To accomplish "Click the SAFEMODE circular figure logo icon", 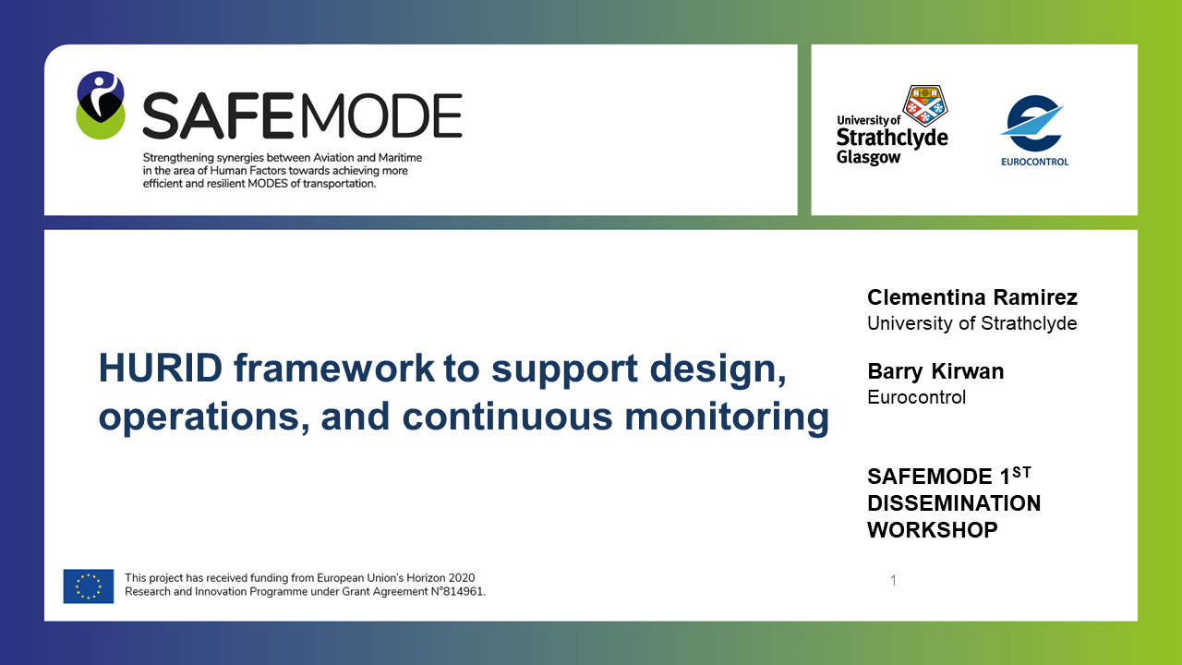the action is [x=101, y=105].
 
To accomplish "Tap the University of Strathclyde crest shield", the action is [x=925, y=105].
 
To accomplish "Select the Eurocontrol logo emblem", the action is [x=1032, y=124].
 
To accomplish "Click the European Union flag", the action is [x=89, y=586].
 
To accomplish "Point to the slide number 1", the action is [x=893, y=581].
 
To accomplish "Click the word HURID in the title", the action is [x=161, y=368].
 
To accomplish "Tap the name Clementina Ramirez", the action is [x=972, y=297].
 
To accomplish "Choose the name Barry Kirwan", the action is [x=935, y=371].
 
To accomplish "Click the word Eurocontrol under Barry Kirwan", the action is [x=917, y=397].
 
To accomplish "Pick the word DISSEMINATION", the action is [x=954, y=503].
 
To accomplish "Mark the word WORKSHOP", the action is [x=933, y=530].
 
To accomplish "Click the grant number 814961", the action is [x=464, y=592].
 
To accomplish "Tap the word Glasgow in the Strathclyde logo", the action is [x=869, y=157].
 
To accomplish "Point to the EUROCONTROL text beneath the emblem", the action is [x=1035, y=162].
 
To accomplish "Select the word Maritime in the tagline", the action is [x=400, y=157].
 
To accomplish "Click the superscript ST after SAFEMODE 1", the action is [x=1021, y=472].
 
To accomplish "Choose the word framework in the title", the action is [x=334, y=368].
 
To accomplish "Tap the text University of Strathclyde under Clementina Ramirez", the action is [x=972, y=323].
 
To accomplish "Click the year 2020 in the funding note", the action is [x=461, y=578].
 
